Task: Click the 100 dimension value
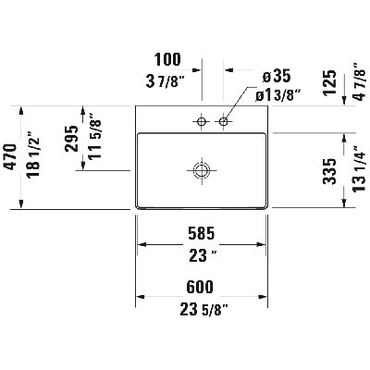167,59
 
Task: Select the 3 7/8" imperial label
165,81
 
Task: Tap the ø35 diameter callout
277,76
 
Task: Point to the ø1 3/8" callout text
278,95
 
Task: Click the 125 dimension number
330,83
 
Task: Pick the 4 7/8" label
359,81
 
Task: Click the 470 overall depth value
10,156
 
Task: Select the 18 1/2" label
33,154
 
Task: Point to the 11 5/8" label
95,136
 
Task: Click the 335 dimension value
329,171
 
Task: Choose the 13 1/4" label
360,169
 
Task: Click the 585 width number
202,234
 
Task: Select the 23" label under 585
203,256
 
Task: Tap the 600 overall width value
200,287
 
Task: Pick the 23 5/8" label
203,310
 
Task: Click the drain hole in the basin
202,170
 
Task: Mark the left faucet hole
202,121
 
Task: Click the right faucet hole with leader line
224,121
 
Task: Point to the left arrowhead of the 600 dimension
141,297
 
